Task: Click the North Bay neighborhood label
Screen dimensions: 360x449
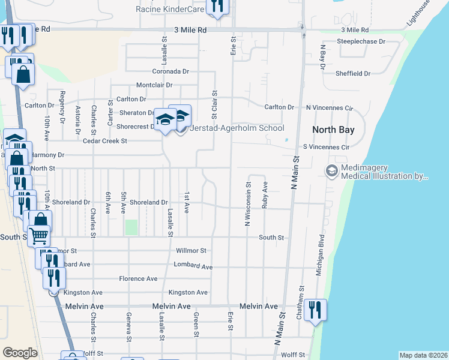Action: coord(333,130)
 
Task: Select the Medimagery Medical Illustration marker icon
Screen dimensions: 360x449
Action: coord(331,172)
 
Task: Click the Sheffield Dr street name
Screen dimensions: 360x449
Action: coord(354,73)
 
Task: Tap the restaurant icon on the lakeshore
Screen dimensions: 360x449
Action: coord(315,310)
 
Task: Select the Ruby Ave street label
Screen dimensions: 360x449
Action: coord(265,196)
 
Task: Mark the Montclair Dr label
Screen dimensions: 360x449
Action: coord(154,85)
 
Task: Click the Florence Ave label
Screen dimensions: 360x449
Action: coord(138,278)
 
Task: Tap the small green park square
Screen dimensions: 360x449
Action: coord(131,227)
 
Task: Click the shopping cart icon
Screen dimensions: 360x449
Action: coord(39,235)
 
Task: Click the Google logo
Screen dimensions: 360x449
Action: coord(20,353)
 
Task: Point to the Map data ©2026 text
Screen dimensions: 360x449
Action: coord(423,355)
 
